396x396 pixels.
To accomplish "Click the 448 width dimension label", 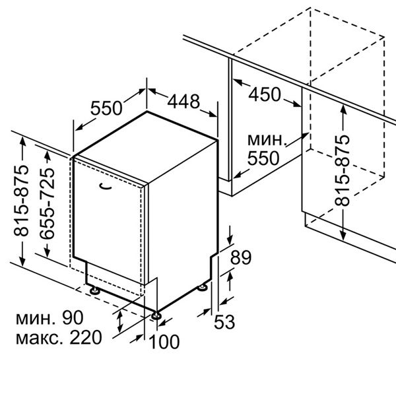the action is click(x=183, y=102).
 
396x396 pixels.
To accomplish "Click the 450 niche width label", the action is click(x=265, y=94).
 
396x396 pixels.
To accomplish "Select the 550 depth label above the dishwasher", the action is click(x=106, y=108).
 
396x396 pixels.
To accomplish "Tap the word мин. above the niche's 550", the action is click(x=267, y=140).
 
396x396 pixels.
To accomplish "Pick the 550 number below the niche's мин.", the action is click(x=263, y=158).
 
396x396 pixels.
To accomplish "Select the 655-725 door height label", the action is click(x=48, y=203).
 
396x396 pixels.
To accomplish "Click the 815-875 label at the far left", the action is click(x=21, y=201).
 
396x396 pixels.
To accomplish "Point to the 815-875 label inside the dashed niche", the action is click(x=342, y=171).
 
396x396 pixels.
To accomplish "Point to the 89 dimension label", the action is click(x=241, y=257).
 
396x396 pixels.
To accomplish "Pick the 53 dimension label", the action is click(x=224, y=322).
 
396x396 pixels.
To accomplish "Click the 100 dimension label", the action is click(x=164, y=342).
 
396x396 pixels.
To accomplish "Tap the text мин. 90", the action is click(x=49, y=317).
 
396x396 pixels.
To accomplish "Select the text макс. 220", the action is click(x=59, y=338).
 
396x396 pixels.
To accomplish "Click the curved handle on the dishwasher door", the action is click(x=105, y=186).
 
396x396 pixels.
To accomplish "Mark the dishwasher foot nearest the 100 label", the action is click(x=156, y=315).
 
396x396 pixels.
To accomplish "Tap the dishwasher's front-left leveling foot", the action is click(x=95, y=290).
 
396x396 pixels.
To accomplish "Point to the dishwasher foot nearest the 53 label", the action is click(x=203, y=288).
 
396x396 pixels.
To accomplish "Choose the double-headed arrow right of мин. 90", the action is click(x=120, y=322).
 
